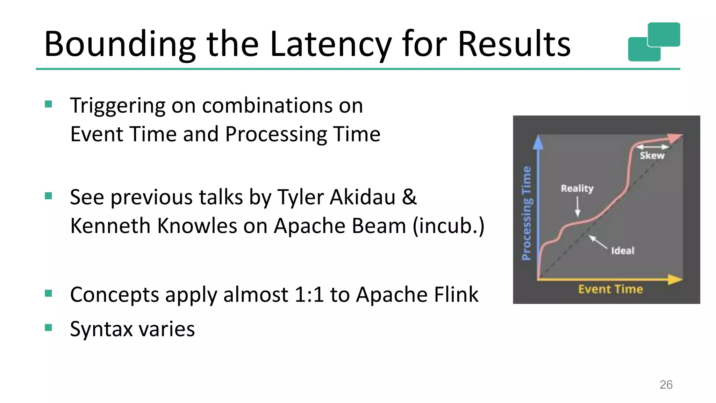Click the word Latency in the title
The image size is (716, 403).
tap(330, 44)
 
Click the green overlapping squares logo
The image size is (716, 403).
tap(654, 42)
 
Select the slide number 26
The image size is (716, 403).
tap(666, 384)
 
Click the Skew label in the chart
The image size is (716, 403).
tap(652, 156)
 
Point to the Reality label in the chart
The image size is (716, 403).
tap(577, 188)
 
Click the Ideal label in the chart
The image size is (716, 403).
tap(622, 250)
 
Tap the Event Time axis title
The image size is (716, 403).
tap(610, 289)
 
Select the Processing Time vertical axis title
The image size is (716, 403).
tap(526, 213)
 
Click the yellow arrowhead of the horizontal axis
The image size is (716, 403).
tap(675, 280)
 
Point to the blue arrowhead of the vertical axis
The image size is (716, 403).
tap(538, 142)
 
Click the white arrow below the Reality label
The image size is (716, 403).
tap(578, 207)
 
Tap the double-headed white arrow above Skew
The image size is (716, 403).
tap(652, 147)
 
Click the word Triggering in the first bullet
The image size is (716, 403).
tap(117, 106)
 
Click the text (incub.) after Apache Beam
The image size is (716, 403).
tap(449, 226)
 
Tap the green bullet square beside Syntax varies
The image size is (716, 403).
tap(49, 327)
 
